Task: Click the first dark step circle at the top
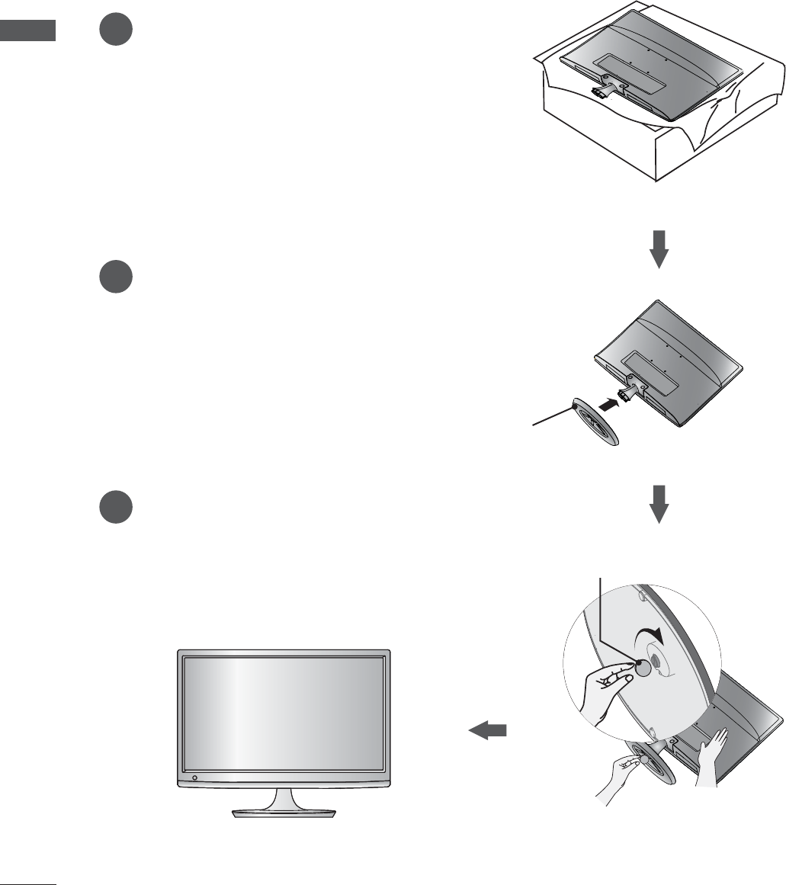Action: click(116, 30)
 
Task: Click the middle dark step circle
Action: click(116, 276)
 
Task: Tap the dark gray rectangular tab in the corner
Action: click(27, 31)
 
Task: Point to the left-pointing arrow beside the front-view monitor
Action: click(487, 731)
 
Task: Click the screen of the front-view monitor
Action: click(284, 713)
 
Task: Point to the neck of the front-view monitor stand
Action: click(283, 797)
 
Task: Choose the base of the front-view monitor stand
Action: click(283, 813)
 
